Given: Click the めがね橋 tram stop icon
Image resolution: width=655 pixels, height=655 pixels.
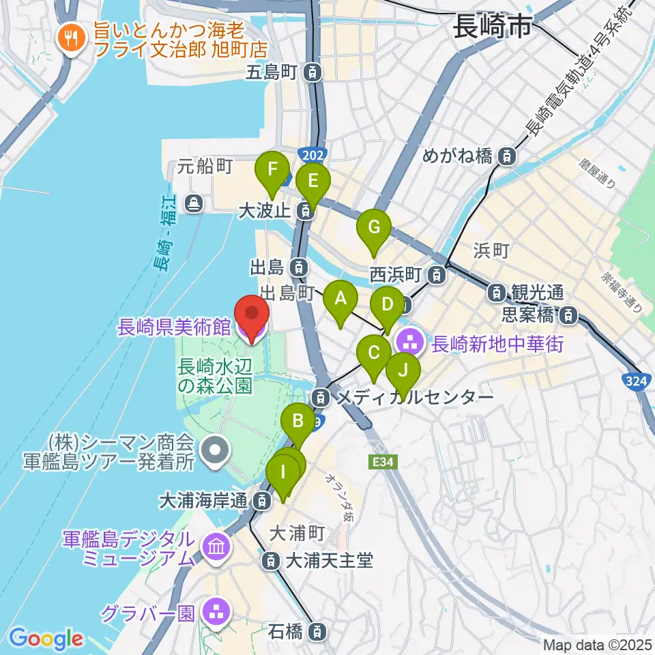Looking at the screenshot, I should click(506, 156).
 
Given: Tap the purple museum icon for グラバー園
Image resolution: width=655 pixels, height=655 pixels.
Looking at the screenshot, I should click(217, 611).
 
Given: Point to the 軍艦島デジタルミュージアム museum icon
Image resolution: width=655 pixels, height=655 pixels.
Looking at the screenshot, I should click(217, 546).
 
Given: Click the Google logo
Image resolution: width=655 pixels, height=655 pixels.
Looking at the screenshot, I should click(46, 639).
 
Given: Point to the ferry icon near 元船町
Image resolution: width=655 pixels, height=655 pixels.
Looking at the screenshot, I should click(196, 203).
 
